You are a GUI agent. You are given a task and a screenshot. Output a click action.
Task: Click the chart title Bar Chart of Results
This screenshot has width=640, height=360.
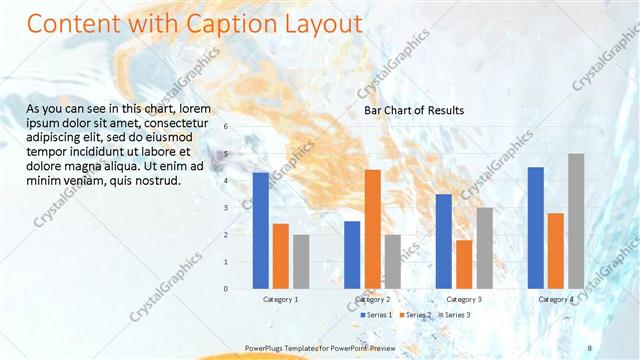pos(413,110)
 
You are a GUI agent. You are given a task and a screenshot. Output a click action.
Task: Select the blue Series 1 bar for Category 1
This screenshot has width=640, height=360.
pos(260,230)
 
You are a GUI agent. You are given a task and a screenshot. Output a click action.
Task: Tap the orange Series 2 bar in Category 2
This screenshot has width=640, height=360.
pos(372,229)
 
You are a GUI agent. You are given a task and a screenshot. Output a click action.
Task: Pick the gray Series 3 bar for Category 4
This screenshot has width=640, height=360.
pos(576,221)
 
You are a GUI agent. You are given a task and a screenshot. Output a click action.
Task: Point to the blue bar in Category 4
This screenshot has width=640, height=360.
pos(536,227)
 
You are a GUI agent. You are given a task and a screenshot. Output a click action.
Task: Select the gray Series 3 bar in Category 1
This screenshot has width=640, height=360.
pos(301,261)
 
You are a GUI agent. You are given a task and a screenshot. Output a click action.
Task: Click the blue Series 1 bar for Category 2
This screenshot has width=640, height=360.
pos(352,254)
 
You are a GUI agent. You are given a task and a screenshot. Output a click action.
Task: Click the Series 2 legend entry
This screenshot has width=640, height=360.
pos(417,315)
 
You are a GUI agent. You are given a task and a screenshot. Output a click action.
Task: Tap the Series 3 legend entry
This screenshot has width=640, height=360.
pos(456,315)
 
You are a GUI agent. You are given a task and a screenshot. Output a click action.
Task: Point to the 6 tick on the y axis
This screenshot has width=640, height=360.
pos(226,127)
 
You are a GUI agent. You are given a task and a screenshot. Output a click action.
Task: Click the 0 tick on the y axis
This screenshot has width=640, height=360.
pos(226,289)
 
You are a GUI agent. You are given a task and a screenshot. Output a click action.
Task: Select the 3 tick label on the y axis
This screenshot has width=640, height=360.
pos(226,208)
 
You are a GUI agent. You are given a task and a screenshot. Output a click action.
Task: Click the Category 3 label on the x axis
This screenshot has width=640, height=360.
pos(464,299)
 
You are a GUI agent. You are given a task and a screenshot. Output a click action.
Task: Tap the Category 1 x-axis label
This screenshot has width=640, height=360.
pos(280,299)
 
